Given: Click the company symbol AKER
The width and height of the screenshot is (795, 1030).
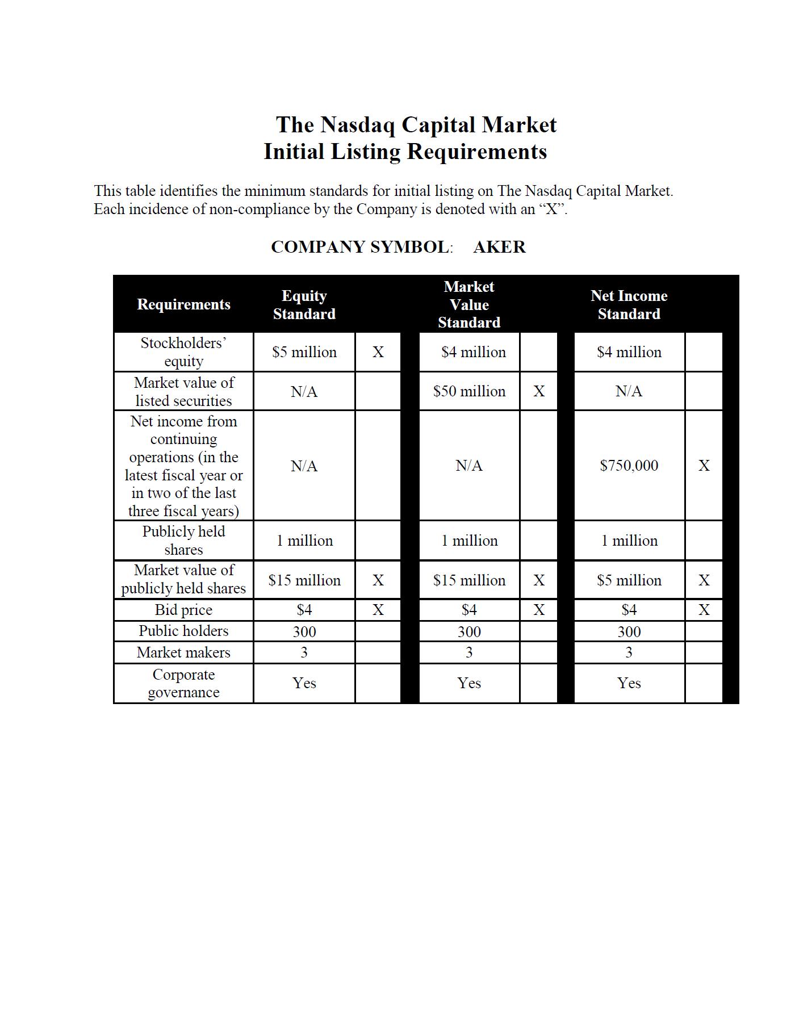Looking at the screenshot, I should click(499, 247).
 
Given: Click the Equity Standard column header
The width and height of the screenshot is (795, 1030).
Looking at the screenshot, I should click(304, 305).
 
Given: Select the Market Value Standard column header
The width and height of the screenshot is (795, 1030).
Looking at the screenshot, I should click(469, 304).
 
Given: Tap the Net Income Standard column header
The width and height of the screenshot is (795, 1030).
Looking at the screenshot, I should click(629, 305).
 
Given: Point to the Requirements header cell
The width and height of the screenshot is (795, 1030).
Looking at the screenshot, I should click(183, 304).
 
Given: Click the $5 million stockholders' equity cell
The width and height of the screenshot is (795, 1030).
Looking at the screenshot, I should click(304, 352).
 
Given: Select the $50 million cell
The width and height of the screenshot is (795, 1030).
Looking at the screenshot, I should click(469, 391).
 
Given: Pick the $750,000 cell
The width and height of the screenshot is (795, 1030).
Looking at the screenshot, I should click(629, 466).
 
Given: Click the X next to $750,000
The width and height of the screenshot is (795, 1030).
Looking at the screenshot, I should click(704, 466).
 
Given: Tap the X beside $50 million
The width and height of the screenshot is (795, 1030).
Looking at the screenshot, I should click(539, 391).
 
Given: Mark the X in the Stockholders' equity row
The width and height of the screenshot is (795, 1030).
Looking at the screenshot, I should click(378, 352).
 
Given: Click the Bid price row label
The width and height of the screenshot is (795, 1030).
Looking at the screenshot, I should click(183, 610).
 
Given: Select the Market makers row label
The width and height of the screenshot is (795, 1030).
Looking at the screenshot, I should click(183, 652).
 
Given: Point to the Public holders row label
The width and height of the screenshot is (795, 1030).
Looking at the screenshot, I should click(183, 631).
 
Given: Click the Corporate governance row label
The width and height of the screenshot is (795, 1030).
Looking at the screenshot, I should click(183, 683).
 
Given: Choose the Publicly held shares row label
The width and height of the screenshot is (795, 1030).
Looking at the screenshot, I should click(183, 541).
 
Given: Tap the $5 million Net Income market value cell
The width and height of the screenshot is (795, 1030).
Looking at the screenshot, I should click(629, 580).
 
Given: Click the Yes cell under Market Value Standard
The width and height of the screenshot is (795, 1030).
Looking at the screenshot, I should click(469, 683).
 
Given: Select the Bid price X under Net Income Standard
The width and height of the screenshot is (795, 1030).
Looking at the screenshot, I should click(704, 610).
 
